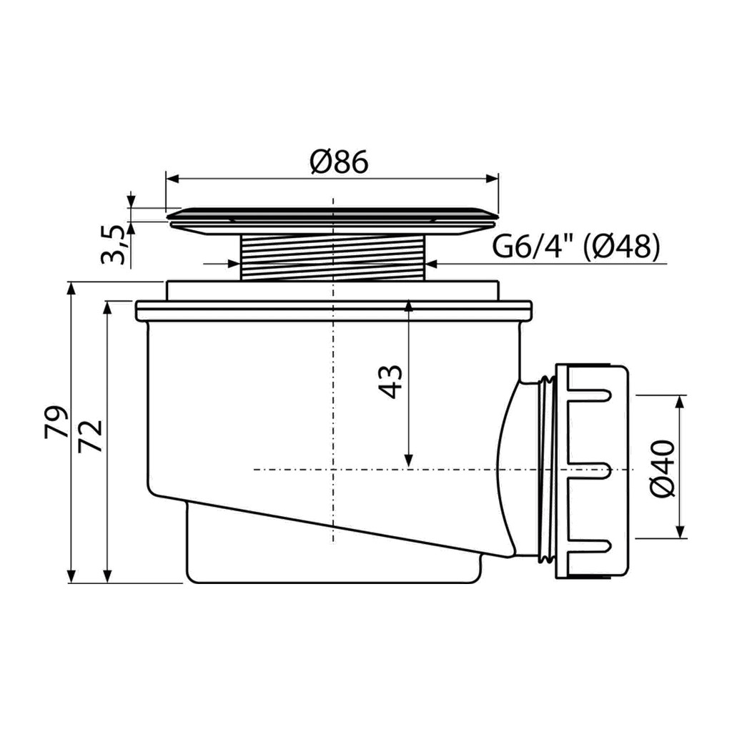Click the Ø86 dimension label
[x=339, y=162]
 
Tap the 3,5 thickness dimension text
[x=114, y=244]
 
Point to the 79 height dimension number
[x=56, y=422]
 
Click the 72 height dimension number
[x=90, y=436]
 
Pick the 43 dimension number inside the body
[x=390, y=382]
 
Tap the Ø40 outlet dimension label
[x=663, y=469]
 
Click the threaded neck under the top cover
[x=332, y=257]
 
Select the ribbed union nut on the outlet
[x=591, y=472]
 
